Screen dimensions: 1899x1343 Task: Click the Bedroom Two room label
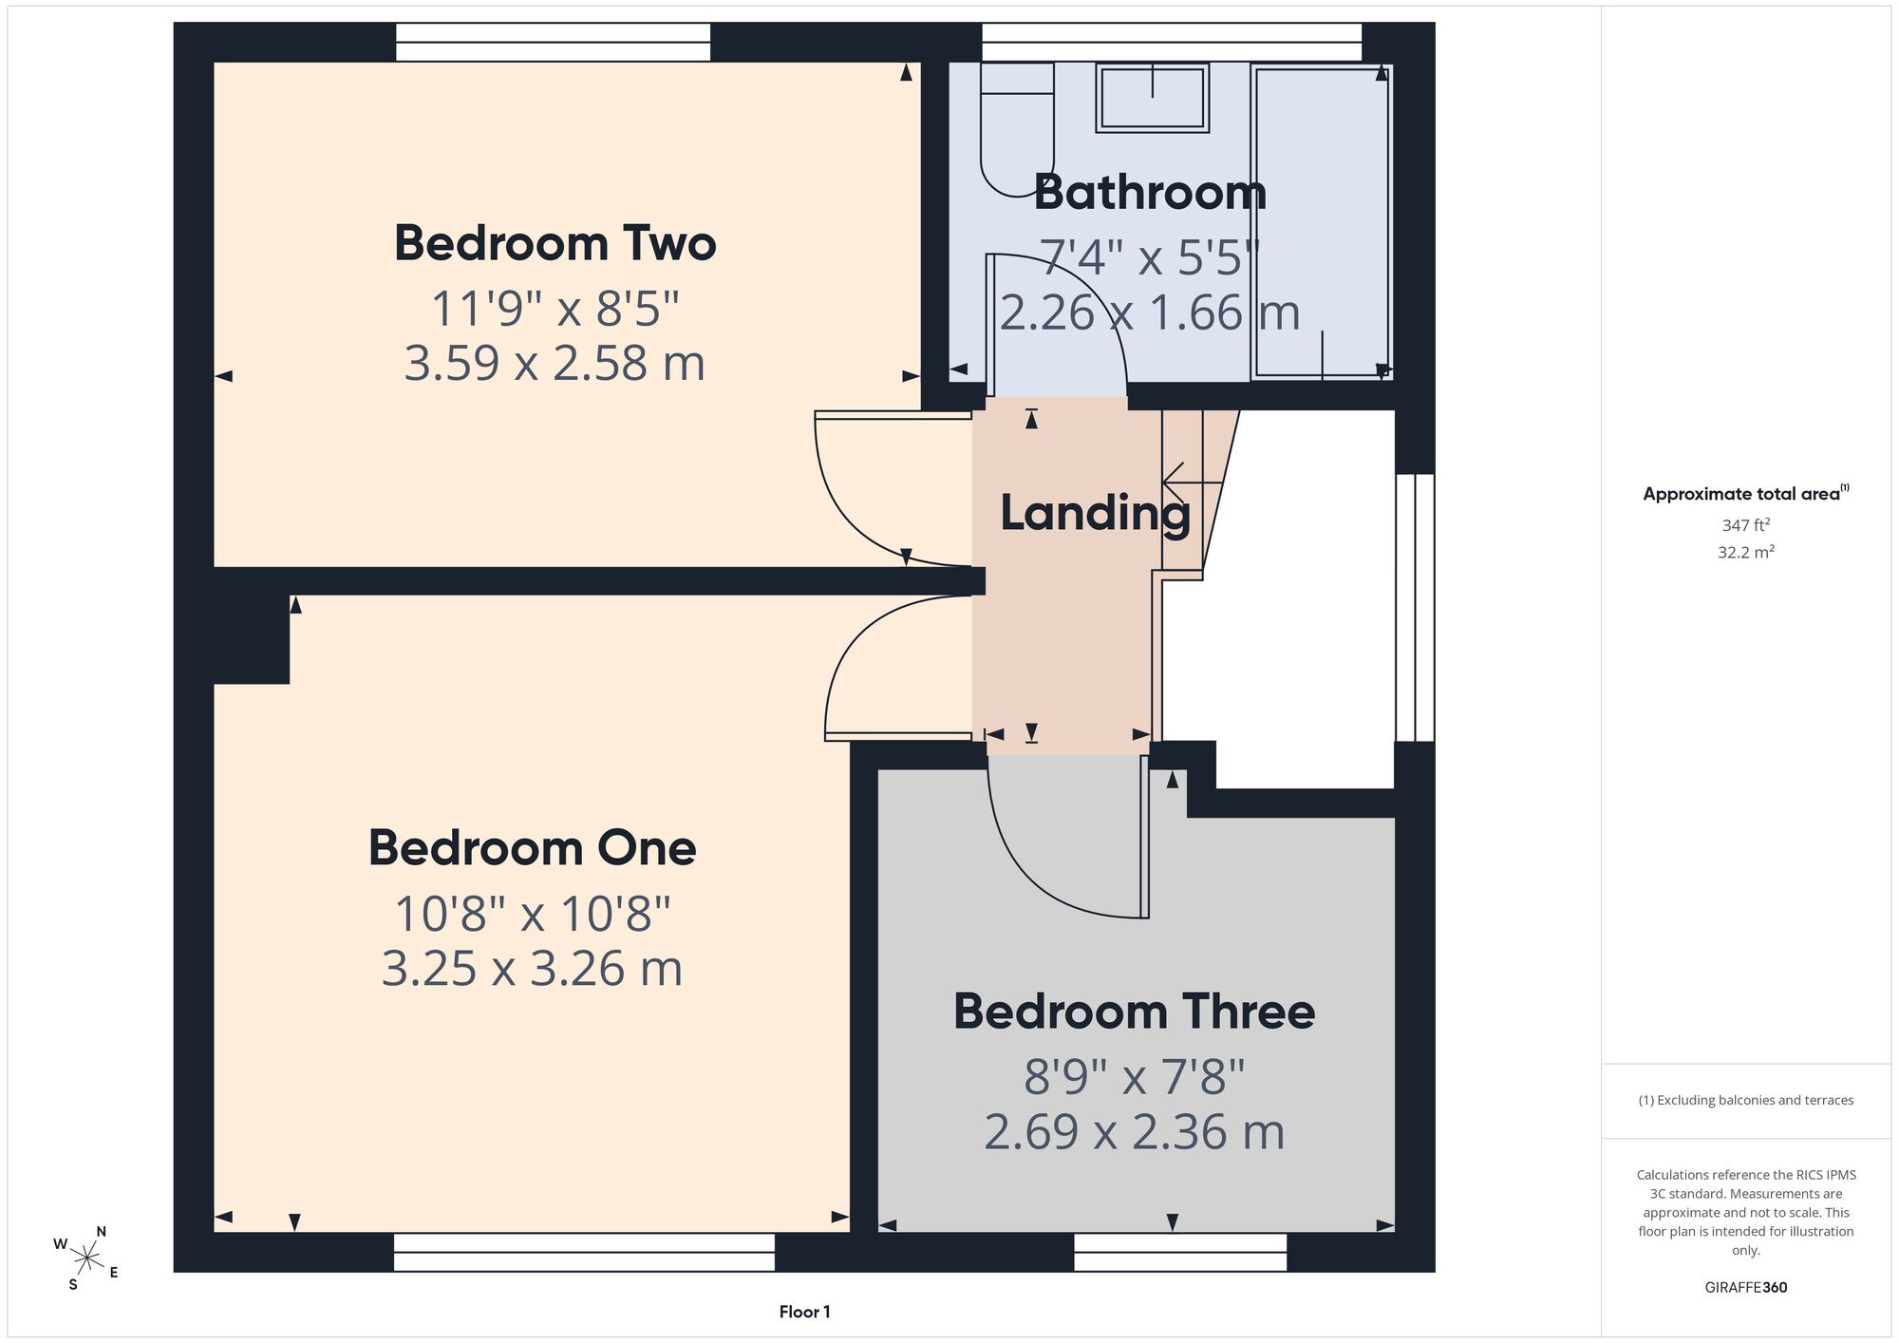pyautogui.click(x=555, y=243)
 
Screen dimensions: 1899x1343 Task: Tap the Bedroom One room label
pyautogui.click(x=532, y=848)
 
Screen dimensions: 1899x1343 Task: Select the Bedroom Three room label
pyautogui.click(x=1134, y=1012)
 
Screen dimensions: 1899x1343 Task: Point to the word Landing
pyautogui.click(x=1095, y=514)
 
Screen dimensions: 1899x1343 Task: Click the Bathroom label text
pyautogui.click(x=1150, y=193)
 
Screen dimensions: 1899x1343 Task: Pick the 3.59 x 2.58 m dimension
pyautogui.click(x=555, y=364)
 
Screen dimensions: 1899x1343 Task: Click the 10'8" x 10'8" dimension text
pyautogui.click(x=532, y=915)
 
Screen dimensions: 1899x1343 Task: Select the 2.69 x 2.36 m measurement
pyautogui.click(x=1134, y=1132)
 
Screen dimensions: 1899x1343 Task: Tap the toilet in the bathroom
pyautogui.click(x=1017, y=128)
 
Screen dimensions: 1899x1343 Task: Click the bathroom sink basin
pyautogui.click(x=1152, y=97)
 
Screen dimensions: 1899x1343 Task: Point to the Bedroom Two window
pyautogui.click(x=553, y=42)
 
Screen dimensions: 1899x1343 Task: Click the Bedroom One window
pyautogui.click(x=584, y=1252)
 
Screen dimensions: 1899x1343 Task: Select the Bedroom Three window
pyautogui.click(x=1180, y=1252)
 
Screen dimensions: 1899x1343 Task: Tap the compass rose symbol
pyautogui.click(x=86, y=1259)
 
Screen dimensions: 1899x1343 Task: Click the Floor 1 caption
pyautogui.click(x=804, y=1312)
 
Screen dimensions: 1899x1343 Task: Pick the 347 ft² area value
pyautogui.click(x=1745, y=525)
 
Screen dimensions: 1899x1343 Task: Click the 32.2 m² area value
pyautogui.click(x=1745, y=552)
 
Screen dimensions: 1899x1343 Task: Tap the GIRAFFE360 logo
pyautogui.click(x=1745, y=1288)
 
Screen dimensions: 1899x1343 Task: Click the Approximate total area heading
pyautogui.click(x=1745, y=493)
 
